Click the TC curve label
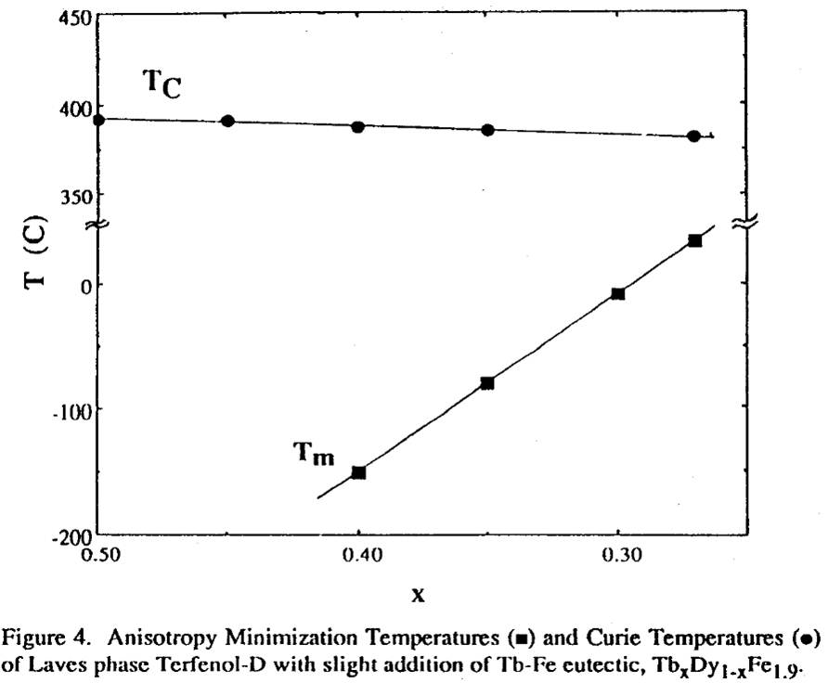point(161,84)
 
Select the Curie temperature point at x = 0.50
point(98,119)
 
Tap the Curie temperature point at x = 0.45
point(227,122)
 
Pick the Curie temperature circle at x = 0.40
point(357,126)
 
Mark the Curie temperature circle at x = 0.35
point(487,130)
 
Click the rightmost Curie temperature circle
point(693,135)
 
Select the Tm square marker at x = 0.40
point(358,472)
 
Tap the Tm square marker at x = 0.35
point(487,383)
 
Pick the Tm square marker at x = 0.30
point(618,293)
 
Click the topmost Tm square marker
point(694,240)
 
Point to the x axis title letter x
point(418,595)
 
